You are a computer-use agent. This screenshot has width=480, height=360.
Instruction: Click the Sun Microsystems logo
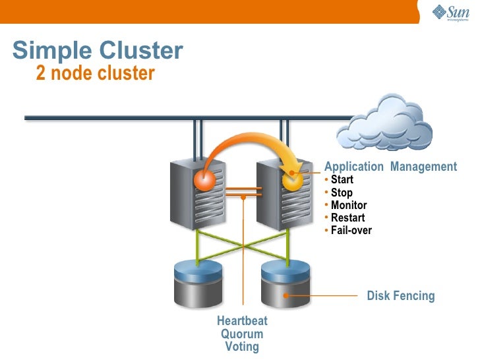click(x=450, y=13)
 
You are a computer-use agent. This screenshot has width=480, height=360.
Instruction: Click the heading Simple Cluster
click(x=98, y=50)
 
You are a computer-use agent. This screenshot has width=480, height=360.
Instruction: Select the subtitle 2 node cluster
click(x=95, y=73)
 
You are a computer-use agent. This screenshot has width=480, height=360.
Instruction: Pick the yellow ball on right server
click(x=291, y=179)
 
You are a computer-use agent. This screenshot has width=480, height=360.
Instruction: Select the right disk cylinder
click(x=285, y=284)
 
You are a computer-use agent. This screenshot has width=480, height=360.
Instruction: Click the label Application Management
click(x=390, y=167)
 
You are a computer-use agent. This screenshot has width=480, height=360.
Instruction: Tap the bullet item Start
click(x=342, y=180)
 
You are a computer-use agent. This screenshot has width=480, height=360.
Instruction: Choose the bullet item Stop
click(x=342, y=193)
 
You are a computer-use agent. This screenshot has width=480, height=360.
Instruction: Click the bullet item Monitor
click(x=348, y=205)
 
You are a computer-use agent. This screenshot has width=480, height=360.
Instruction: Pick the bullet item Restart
click(x=347, y=218)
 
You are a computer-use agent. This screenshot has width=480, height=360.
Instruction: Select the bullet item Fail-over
click(x=351, y=230)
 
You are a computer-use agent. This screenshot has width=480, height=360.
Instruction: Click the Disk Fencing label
click(x=401, y=295)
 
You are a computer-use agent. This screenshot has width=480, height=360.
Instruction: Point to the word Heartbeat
click(x=242, y=321)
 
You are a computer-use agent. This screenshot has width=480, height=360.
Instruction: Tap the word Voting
click(x=242, y=347)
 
